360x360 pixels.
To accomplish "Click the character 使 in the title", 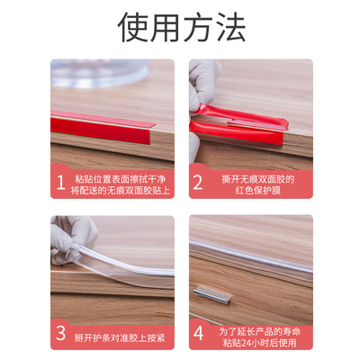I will pos(133,28).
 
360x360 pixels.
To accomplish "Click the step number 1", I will pos(60,184).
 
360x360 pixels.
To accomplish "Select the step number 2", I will pos(198,184).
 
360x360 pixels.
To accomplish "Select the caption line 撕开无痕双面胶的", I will pos(257,178).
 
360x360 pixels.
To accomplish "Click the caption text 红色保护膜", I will pos(257,191).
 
